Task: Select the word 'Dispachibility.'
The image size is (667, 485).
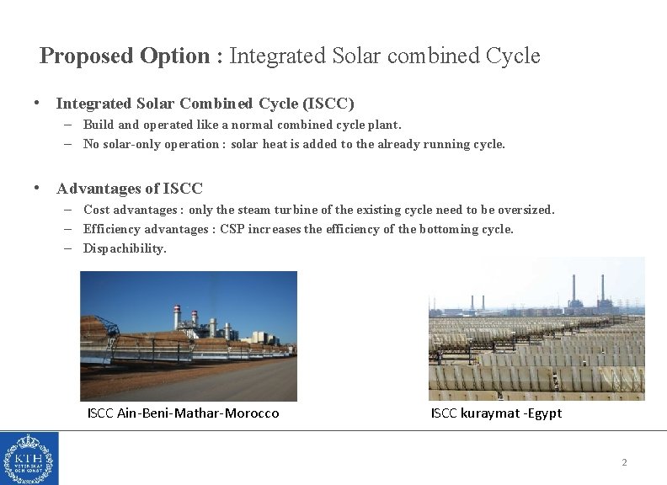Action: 125,248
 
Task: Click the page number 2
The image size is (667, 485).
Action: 624,462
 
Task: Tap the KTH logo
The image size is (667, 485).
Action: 29,458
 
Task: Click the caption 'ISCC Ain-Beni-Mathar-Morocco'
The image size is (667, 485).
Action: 183,413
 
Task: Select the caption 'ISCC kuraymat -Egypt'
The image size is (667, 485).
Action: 495,413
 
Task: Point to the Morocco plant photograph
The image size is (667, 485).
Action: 188,336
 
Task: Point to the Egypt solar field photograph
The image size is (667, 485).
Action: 536,329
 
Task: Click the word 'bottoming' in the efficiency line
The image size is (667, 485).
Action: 446,229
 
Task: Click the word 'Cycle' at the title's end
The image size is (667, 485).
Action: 513,56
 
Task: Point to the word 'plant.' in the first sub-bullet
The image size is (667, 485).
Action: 384,125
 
